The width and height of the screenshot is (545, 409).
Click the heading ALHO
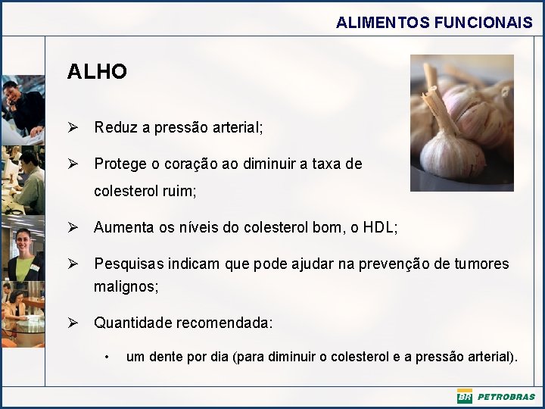click(97, 72)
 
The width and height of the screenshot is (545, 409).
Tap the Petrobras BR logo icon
click(464, 396)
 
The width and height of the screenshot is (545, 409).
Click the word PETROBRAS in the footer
click(506, 396)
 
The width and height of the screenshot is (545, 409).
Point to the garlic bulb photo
click(462, 123)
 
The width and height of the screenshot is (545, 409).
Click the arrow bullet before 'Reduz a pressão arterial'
click(73, 127)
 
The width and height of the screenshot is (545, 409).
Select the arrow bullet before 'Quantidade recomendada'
click(73, 323)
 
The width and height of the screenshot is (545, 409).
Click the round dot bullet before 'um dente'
click(109, 357)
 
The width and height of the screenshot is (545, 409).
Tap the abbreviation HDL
click(378, 227)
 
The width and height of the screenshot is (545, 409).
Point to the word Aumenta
click(122, 227)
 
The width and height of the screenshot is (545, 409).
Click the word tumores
click(481, 264)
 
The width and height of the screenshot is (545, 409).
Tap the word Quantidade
click(132, 323)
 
